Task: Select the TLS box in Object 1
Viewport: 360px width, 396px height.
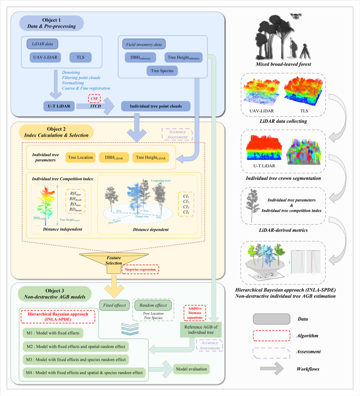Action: point(80,57)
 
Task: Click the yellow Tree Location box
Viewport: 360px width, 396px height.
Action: point(80,157)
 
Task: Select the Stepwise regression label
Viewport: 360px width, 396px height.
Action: point(139,269)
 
